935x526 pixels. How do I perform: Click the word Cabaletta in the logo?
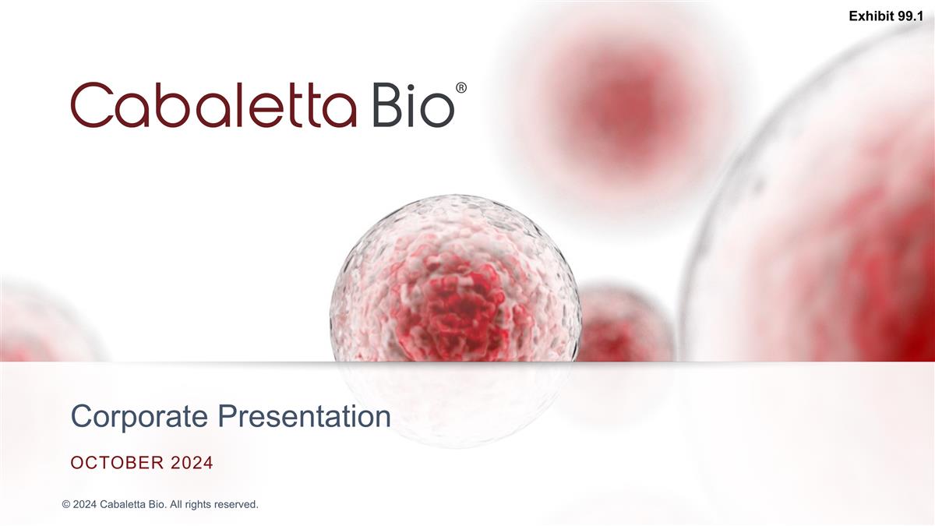pyautogui.click(x=213, y=105)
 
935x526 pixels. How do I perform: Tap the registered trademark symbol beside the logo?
pyautogui.click(x=461, y=89)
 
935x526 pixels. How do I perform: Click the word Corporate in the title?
pyautogui.click(x=140, y=417)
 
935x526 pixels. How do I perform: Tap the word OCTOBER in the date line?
pyautogui.click(x=117, y=464)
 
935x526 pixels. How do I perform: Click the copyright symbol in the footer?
pyautogui.click(x=66, y=505)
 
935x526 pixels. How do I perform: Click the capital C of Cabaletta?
pyautogui.click(x=92, y=105)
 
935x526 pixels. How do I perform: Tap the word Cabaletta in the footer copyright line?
pyautogui.click(x=125, y=505)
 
